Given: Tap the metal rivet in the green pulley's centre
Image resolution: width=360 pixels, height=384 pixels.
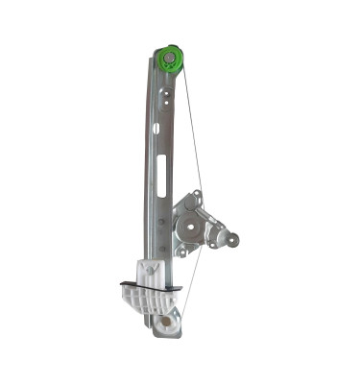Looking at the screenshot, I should pos(170,59).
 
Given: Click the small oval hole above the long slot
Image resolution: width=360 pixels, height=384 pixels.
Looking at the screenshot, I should pos(156,128).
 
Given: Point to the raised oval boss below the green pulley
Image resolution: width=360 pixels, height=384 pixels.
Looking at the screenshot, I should pos(168,95).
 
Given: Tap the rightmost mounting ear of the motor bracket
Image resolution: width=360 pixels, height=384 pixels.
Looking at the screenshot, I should pos(233,239).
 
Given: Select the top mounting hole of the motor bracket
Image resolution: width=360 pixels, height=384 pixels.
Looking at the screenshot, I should pos(196,198).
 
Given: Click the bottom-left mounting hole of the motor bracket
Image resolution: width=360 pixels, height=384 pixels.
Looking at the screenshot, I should pos(179,251).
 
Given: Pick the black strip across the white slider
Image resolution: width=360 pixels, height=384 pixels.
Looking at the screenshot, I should pos(151,286).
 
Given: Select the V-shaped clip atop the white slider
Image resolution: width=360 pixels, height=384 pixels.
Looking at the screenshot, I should pos(153,269).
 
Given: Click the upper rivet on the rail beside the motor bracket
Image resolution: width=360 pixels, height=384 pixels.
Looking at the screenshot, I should pos(161,222).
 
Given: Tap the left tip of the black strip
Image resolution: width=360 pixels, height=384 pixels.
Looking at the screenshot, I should pos(122,284).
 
